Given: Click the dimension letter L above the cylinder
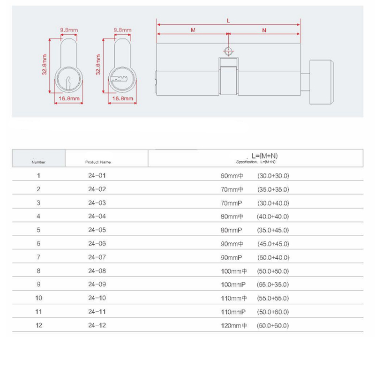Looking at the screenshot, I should click(x=228, y=20).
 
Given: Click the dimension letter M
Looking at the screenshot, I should click(x=193, y=30).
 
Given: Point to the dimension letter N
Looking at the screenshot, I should click(x=264, y=30).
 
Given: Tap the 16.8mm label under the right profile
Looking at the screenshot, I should click(x=123, y=99).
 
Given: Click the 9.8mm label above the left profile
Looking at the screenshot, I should click(x=69, y=30).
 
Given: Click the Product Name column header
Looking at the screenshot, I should click(x=98, y=162).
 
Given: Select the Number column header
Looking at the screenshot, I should click(x=38, y=162).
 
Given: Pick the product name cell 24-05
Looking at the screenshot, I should click(x=97, y=230).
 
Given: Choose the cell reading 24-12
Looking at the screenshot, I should click(x=97, y=325).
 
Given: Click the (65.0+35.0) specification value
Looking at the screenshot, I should click(x=273, y=285).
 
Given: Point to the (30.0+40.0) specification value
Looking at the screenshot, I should click(x=273, y=203).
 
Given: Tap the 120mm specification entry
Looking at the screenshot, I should click(x=233, y=325).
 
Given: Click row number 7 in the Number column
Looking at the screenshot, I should click(x=38, y=257).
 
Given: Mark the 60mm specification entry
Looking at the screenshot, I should click(x=232, y=176).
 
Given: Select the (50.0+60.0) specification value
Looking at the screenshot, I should click(x=273, y=312).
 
